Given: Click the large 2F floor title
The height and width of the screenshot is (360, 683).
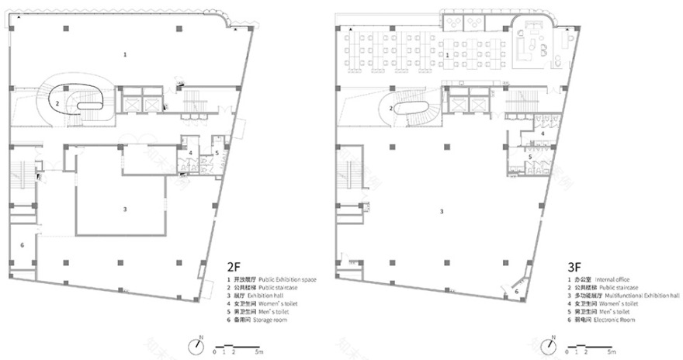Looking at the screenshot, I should tap(234, 265).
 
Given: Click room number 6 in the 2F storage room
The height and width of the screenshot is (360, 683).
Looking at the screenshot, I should tap(22, 245).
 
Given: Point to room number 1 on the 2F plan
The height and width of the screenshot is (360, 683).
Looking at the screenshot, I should tap(125, 54).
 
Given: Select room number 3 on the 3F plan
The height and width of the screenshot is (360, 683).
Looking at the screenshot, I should tap(442, 211).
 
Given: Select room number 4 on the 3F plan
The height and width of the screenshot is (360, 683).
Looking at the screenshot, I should tap(543, 133).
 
